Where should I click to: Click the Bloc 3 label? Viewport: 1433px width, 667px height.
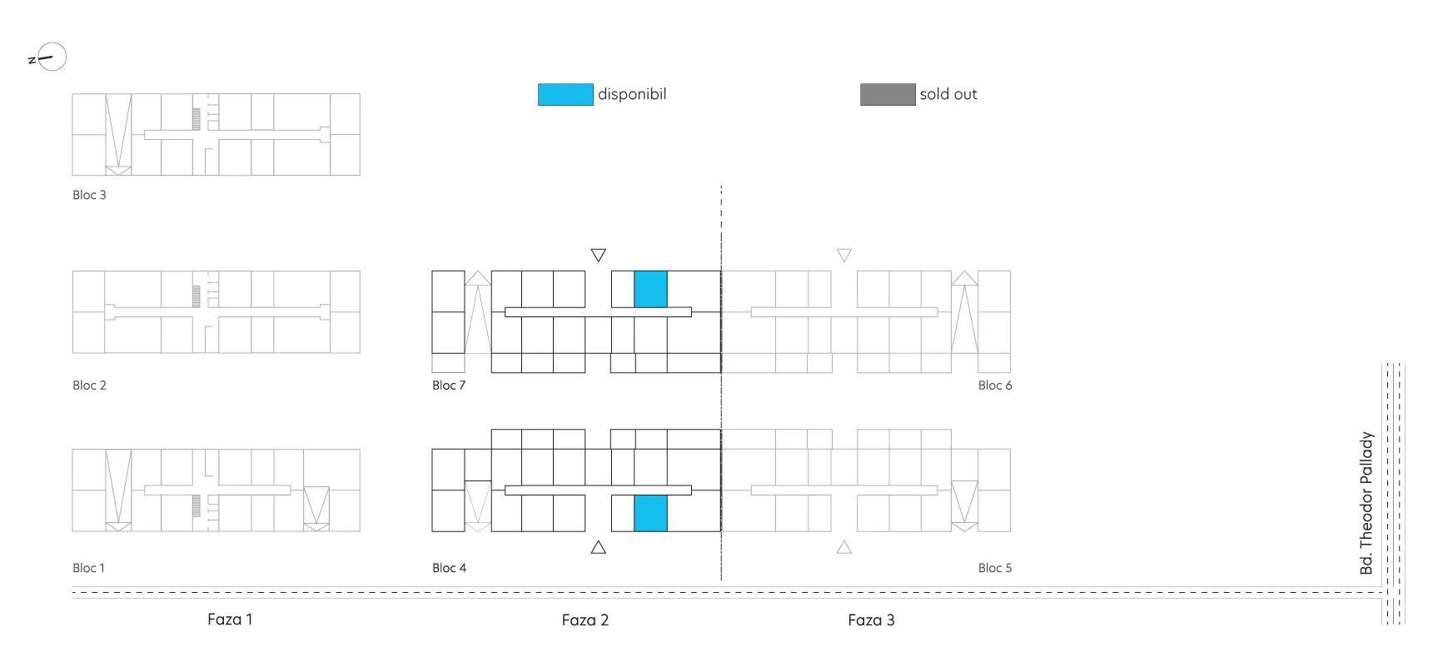click(89, 195)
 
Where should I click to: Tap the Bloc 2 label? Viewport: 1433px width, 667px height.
click(89, 386)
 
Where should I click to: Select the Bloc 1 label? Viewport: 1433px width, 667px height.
click(88, 568)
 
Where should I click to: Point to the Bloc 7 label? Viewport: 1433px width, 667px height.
click(449, 386)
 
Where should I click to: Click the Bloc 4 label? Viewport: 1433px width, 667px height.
click(449, 568)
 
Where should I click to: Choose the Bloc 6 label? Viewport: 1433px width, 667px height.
click(995, 386)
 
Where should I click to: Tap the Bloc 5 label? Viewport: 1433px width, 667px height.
click(995, 568)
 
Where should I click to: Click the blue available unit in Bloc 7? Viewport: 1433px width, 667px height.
click(650, 289)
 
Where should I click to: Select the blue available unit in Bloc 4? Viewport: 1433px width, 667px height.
click(650, 513)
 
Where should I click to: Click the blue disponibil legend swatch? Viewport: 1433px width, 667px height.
click(565, 94)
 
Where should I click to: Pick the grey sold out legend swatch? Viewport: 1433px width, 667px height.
click(888, 94)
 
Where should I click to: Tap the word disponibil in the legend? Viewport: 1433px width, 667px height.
click(632, 94)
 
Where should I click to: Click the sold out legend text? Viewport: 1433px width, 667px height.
click(948, 94)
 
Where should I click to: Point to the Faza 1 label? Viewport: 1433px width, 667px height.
click(230, 620)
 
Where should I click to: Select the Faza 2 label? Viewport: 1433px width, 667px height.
click(585, 620)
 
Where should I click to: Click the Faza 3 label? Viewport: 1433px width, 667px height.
click(871, 620)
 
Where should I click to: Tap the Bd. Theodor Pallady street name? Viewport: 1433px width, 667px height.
click(1366, 503)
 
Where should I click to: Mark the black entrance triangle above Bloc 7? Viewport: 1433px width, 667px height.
click(599, 255)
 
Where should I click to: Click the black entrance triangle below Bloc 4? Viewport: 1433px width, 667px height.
click(599, 547)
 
